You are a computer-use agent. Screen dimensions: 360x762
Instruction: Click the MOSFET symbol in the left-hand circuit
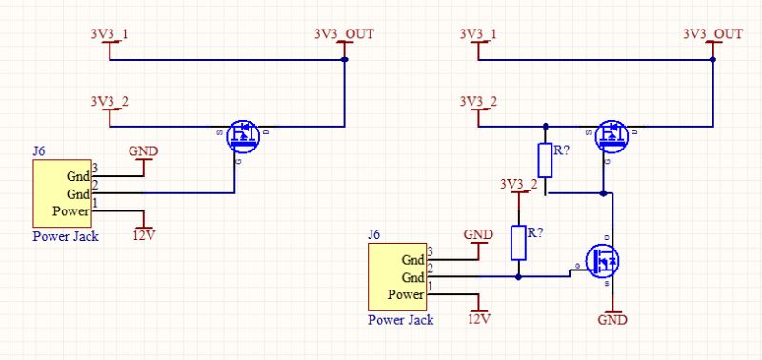[244, 135]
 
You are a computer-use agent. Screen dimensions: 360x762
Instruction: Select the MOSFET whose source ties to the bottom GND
[602, 257]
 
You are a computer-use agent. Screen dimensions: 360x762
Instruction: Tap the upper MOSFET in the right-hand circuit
[611, 136]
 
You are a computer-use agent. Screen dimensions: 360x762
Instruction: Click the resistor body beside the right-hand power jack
[518, 243]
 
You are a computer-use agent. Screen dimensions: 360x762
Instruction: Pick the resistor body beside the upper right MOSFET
[546, 159]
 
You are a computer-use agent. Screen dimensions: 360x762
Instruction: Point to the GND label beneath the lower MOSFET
[612, 321]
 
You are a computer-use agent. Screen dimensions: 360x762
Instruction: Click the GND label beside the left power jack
[143, 151]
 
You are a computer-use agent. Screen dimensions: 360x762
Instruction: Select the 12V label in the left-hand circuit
[144, 235]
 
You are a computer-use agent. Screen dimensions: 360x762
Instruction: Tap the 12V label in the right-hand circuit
[478, 318]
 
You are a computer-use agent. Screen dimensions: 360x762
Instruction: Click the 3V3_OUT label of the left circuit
[343, 33]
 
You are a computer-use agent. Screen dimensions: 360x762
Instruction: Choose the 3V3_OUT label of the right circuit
[712, 33]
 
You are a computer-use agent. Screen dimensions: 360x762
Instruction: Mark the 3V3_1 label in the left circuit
[110, 33]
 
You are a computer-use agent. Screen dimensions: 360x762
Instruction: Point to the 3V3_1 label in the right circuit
[478, 33]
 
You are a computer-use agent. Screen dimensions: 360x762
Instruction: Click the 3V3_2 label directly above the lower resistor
[518, 184]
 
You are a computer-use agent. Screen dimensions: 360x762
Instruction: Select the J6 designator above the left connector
[39, 150]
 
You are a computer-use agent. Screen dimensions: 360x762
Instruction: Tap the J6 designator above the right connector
[374, 234]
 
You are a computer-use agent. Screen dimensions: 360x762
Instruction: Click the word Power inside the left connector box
[71, 210]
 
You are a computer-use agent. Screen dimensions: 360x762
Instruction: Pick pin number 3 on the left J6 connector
[95, 169]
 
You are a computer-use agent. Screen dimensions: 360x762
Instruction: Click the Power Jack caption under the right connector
[400, 320]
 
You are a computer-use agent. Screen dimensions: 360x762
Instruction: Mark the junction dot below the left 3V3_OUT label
[343, 59]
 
